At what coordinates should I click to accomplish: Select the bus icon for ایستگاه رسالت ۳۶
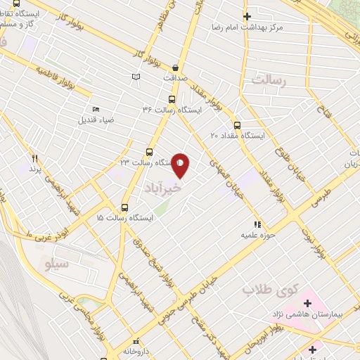172,100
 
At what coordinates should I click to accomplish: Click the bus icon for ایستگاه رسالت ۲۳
149,152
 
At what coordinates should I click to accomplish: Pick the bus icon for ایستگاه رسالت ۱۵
125,208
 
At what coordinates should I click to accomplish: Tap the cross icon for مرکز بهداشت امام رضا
246,16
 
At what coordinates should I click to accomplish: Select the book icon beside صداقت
136,77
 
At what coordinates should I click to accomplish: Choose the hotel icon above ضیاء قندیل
96,109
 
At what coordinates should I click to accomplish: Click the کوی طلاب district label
271,289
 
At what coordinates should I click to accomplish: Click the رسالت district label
270,81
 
